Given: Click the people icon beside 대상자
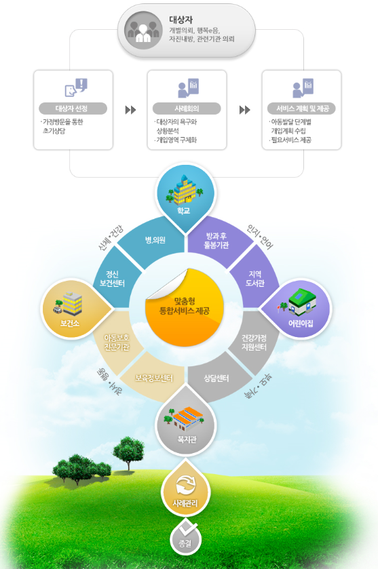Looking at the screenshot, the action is [143, 31].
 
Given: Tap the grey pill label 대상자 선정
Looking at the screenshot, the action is [73, 109].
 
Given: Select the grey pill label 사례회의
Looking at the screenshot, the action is [187, 109].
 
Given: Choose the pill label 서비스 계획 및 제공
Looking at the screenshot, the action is [301, 109].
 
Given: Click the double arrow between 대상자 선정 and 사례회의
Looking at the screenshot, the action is [130, 110].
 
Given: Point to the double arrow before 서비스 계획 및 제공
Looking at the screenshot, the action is [245, 110].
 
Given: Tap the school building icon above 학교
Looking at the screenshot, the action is [185, 189].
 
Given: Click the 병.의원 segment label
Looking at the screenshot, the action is [155, 240].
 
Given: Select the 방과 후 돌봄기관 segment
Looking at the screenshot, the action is [216, 241].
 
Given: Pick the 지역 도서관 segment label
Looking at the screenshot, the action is [255, 279].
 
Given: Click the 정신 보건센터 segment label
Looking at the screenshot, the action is [112, 279].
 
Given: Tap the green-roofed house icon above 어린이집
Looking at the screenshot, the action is [299, 302].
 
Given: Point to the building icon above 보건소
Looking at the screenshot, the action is [69, 303].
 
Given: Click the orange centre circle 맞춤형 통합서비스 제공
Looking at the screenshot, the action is [185, 307].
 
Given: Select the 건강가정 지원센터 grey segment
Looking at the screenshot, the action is [254, 342].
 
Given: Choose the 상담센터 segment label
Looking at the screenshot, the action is [216, 378].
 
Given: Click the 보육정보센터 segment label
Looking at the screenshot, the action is [154, 378].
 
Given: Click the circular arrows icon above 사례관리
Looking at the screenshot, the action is [185, 485].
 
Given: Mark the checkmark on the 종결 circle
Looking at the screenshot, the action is [189, 528].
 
